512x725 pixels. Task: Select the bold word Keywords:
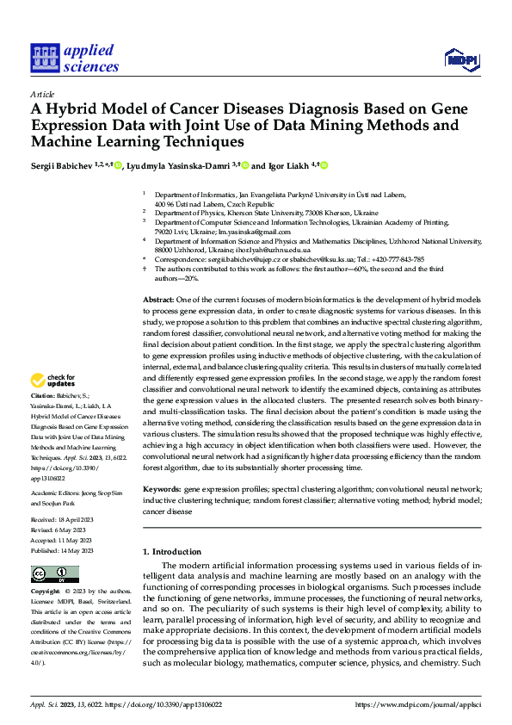click(x=162, y=488)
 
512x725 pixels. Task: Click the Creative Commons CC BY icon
click(x=54, y=574)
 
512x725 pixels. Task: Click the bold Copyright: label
click(x=46, y=592)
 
